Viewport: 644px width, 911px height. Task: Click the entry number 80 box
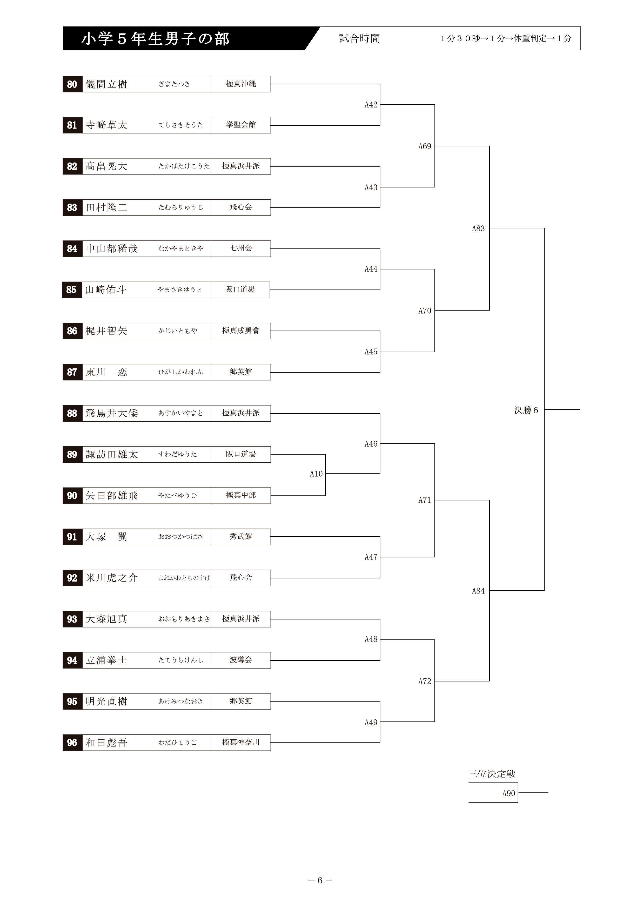click(x=72, y=84)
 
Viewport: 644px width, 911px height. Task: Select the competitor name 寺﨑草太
click(x=106, y=125)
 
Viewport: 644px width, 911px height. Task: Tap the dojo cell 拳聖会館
click(x=241, y=125)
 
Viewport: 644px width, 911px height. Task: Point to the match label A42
click(x=371, y=105)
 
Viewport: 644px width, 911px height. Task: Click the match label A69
click(x=425, y=146)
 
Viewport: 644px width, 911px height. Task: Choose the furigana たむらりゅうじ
click(x=181, y=207)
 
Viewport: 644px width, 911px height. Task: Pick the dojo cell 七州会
click(x=241, y=249)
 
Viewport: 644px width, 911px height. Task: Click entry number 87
click(x=72, y=372)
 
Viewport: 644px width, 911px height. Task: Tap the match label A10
click(x=316, y=474)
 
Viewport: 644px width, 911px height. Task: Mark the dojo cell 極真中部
click(x=241, y=496)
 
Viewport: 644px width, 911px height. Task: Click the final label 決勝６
click(x=526, y=410)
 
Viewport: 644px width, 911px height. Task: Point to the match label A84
click(x=478, y=591)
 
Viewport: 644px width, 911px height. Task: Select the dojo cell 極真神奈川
click(x=241, y=742)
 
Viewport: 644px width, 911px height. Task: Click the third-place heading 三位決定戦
click(x=492, y=774)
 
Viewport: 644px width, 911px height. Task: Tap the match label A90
click(x=509, y=794)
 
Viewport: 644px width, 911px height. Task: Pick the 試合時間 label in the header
click(x=359, y=38)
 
